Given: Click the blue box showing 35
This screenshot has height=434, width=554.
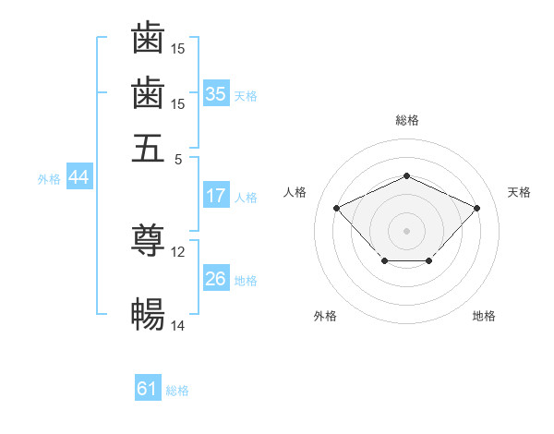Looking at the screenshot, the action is click(x=216, y=93).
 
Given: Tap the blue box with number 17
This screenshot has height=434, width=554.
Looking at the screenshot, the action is click(x=216, y=195).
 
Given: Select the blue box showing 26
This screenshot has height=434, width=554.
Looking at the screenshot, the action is click(x=216, y=277).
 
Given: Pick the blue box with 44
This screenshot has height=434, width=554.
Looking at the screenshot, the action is click(x=79, y=176).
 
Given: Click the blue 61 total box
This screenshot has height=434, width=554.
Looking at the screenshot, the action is click(x=148, y=387).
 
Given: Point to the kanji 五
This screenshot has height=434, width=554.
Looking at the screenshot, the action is click(x=148, y=148).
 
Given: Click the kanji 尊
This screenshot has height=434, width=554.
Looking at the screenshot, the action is click(x=148, y=239).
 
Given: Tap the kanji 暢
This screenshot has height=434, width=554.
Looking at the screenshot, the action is click(x=148, y=314).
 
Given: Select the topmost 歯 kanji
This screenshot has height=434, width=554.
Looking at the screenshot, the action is click(x=148, y=37).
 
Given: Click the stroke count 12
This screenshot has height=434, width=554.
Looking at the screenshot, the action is click(x=177, y=252).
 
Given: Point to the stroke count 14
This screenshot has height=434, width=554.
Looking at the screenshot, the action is click(x=177, y=325).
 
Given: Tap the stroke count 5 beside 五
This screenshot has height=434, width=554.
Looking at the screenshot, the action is click(x=178, y=160).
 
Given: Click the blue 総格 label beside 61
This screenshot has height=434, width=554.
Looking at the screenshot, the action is click(x=177, y=391).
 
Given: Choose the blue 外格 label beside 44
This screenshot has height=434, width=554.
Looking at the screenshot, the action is click(x=49, y=179).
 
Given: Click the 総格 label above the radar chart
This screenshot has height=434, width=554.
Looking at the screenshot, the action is click(x=407, y=120).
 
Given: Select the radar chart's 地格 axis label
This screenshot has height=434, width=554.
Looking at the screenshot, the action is click(x=484, y=316).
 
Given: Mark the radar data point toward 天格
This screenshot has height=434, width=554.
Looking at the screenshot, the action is click(x=476, y=208).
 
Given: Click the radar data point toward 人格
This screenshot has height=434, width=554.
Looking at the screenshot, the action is click(x=337, y=208).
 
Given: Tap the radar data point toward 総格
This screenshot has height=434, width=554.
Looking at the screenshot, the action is click(x=406, y=175).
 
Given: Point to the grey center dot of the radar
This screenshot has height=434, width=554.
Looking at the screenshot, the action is click(x=406, y=231).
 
